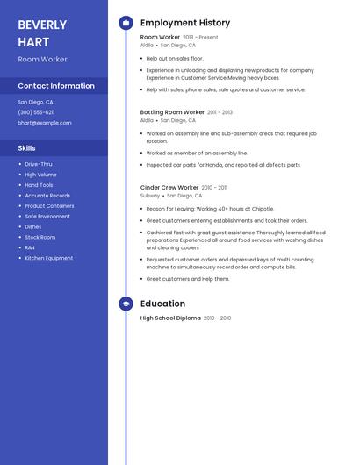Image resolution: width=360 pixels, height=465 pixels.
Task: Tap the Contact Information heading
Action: (56, 86)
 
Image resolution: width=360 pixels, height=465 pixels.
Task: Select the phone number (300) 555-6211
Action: (36, 112)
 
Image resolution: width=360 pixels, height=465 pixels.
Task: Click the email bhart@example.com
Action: (45, 123)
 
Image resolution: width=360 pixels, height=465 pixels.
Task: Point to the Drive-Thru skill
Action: (39, 164)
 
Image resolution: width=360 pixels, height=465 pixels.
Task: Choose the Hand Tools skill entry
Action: (39, 185)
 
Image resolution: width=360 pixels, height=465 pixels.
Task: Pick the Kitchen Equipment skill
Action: (49, 258)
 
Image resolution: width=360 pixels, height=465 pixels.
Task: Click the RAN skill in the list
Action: (31, 247)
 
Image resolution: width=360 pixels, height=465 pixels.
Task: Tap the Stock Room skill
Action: (40, 237)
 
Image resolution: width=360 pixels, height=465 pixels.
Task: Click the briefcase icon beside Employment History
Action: (126, 23)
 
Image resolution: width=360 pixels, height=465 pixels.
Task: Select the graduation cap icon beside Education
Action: (126, 304)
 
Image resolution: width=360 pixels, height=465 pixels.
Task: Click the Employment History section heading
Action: (185, 23)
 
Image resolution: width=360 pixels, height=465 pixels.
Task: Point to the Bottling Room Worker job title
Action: (172, 112)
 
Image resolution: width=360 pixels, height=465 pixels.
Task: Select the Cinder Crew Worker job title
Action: (169, 187)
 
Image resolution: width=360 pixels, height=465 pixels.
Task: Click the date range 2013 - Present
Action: (201, 38)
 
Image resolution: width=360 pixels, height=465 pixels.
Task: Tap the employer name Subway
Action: (150, 196)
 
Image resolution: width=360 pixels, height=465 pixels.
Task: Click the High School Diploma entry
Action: (170, 318)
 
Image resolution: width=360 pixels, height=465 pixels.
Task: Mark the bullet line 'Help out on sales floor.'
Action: (175, 58)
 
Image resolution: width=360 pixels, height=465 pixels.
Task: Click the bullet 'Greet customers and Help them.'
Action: (188, 279)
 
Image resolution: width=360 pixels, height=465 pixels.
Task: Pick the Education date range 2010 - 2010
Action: (218, 318)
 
